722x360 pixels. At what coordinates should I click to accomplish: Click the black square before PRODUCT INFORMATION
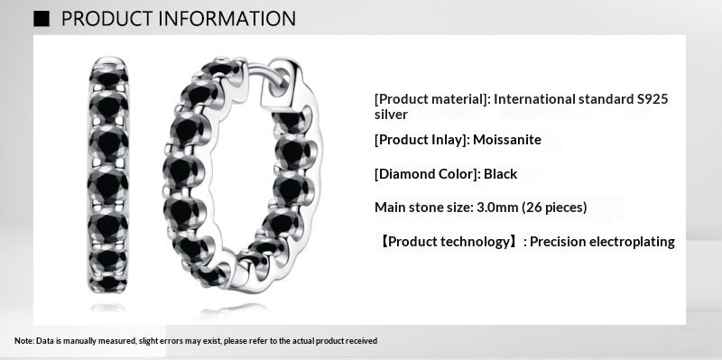[x=41, y=18]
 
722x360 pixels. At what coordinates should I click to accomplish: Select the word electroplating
[x=629, y=242]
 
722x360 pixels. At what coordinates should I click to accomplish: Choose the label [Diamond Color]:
[x=427, y=173]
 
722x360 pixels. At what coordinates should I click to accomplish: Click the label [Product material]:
[x=432, y=98]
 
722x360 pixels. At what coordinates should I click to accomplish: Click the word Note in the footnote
[x=23, y=341]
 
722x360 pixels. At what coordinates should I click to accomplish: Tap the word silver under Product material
[x=391, y=115]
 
